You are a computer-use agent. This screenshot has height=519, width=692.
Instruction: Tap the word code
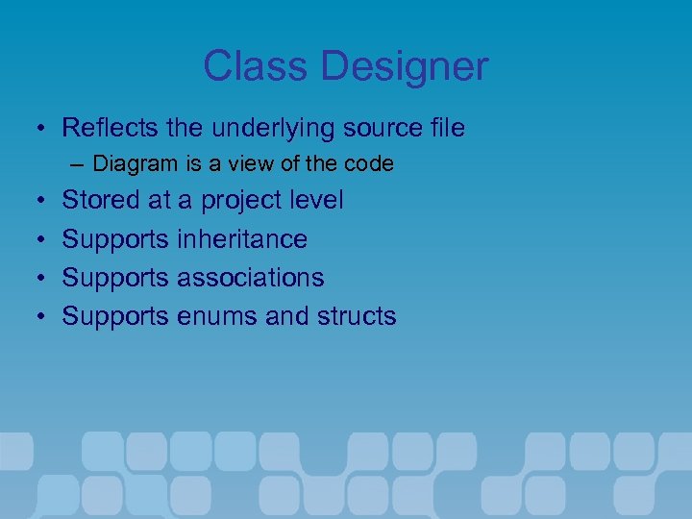click(x=369, y=164)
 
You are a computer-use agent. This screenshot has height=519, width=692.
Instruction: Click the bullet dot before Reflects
click(x=34, y=128)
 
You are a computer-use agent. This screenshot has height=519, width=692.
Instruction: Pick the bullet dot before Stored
click(x=34, y=202)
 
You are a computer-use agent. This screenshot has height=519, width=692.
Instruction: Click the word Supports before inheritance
click(x=115, y=240)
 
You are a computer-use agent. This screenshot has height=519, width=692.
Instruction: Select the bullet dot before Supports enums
click(x=34, y=317)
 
